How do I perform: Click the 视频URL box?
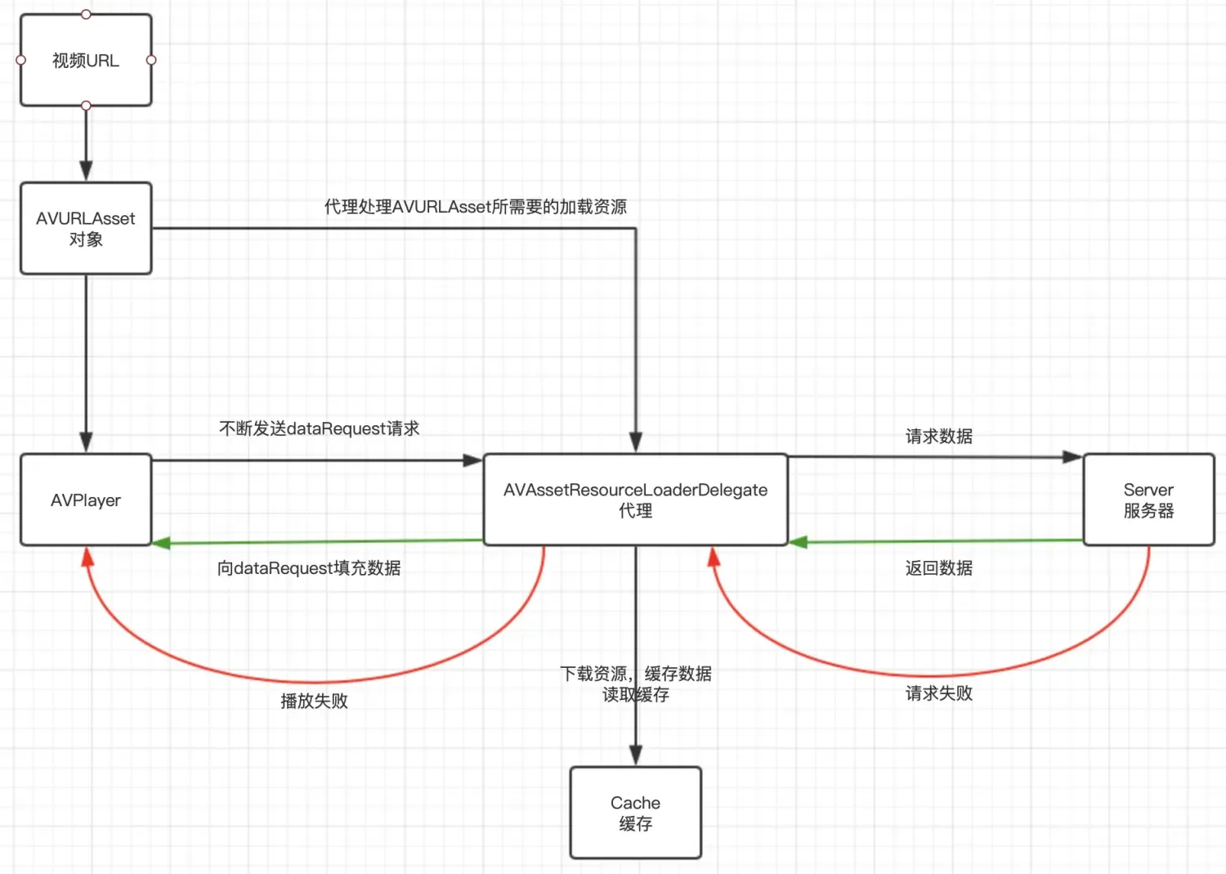pyautogui.click(x=86, y=61)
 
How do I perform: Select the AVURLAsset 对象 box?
pyautogui.click(x=86, y=228)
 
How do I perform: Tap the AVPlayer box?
pyautogui.click(x=86, y=500)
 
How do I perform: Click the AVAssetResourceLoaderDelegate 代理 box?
pyautogui.click(x=635, y=500)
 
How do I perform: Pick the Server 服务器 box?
pyautogui.click(x=1148, y=500)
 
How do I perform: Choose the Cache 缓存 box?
pyautogui.click(x=635, y=813)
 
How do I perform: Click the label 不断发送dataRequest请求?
pyautogui.click(x=319, y=428)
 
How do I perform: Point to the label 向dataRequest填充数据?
pyautogui.click(x=309, y=568)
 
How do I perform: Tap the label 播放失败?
pyautogui.click(x=314, y=701)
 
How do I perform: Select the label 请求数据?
pyautogui.click(x=938, y=437)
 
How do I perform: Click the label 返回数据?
pyautogui.click(x=938, y=568)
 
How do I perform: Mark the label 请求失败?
pyautogui.click(x=938, y=693)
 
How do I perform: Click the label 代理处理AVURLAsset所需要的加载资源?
pyautogui.click(x=475, y=207)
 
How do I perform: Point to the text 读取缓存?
pyautogui.click(x=635, y=695)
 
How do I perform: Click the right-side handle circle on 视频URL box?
pyautogui.click(x=151, y=60)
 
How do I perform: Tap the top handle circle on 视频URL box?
pyautogui.click(x=86, y=14)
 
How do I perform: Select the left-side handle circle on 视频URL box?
pyautogui.click(x=21, y=60)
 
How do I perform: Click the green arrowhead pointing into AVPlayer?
pyautogui.click(x=161, y=543)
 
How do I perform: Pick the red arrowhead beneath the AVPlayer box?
pyautogui.click(x=87, y=557)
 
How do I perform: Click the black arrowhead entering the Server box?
pyautogui.click(x=1072, y=457)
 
